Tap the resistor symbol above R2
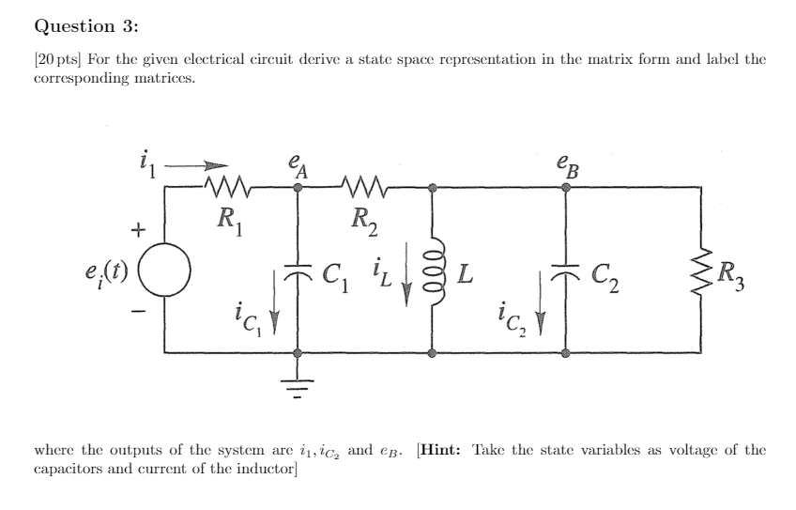360,188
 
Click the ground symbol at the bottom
298,382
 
